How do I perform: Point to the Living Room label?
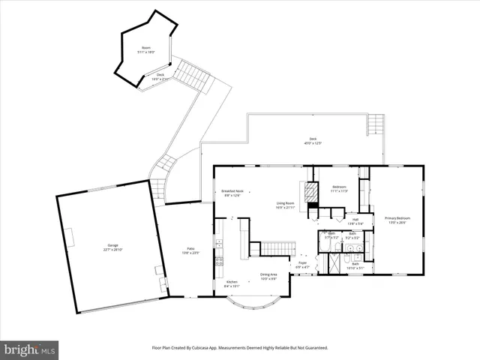285,205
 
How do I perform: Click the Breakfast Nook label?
231,193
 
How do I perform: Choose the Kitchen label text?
232,283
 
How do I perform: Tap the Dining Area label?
268,277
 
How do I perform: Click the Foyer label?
303,265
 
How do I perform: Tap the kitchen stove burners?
219,262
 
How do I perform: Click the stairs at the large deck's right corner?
376,122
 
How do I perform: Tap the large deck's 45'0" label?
313,142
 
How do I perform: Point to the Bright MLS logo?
30,349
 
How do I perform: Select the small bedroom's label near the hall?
339,188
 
